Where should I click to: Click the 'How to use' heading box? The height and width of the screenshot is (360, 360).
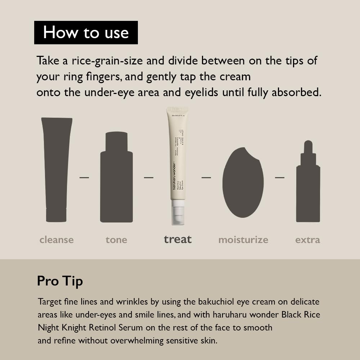click(x=86, y=32)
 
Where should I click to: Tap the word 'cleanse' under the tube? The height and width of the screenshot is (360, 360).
click(x=57, y=240)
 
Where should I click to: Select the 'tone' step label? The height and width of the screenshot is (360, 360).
click(x=116, y=240)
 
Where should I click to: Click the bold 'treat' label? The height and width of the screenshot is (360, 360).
click(x=177, y=239)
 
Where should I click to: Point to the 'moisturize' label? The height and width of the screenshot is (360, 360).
click(x=243, y=240)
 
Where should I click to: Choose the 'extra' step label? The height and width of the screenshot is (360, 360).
click(x=307, y=240)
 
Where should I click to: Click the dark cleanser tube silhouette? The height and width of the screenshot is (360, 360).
click(x=57, y=169)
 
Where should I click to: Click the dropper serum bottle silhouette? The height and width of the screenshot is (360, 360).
click(x=308, y=187)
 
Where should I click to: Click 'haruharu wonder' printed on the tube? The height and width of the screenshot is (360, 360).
click(x=174, y=180)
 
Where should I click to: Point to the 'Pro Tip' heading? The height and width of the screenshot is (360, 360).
click(x=60, y=281)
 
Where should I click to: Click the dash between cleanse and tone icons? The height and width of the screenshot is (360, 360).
click(x=84, y=177)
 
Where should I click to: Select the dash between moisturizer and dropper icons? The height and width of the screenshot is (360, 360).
click(x=280, y=177)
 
